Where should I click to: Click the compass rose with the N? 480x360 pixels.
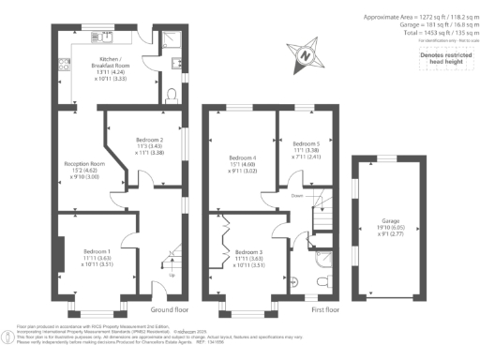[305, 55]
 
